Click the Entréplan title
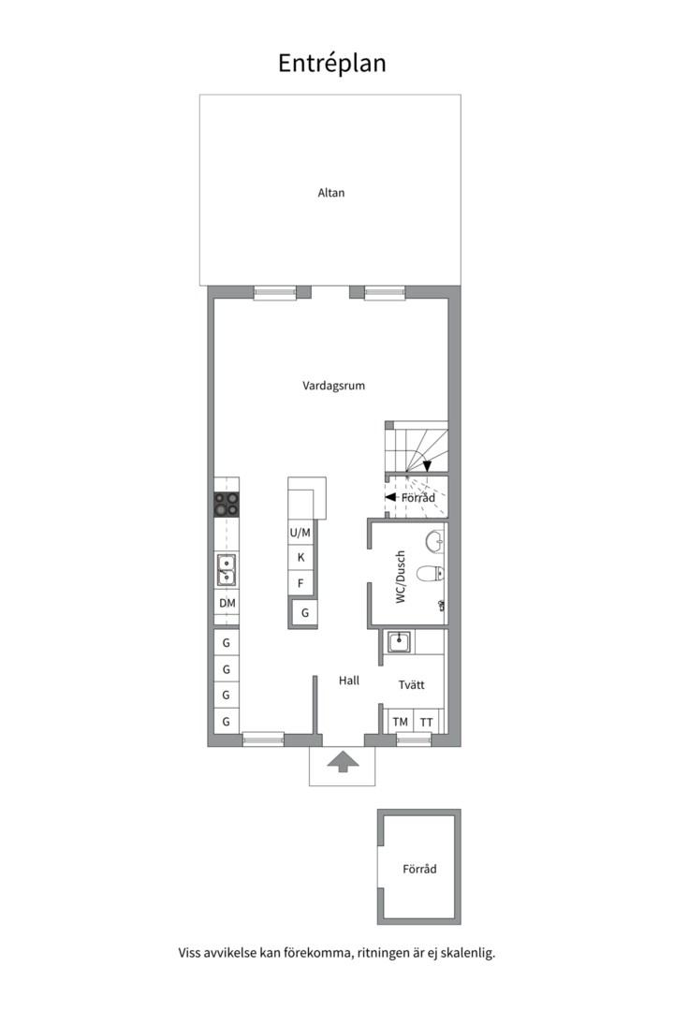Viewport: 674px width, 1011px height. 332,64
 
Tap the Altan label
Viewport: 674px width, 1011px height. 330,193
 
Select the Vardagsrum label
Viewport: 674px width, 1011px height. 333,386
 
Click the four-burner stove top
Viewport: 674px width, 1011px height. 227,505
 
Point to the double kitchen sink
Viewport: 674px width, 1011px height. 227,570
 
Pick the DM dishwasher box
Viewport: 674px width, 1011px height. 227,604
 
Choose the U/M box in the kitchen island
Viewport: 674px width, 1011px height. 300,533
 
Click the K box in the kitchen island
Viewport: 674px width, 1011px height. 300,558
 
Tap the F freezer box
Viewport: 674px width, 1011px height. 300,583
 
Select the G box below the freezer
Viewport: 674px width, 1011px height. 304,612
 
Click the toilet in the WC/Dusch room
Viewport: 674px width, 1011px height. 430,573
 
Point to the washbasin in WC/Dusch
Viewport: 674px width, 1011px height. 434,541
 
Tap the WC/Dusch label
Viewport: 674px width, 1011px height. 401,577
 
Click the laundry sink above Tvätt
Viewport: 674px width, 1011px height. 399,641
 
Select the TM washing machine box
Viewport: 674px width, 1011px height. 400,722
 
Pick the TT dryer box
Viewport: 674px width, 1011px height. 426,722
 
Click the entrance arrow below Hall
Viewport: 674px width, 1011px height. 343,761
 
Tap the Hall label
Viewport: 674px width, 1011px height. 349,681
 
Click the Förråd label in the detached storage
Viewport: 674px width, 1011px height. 419,869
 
